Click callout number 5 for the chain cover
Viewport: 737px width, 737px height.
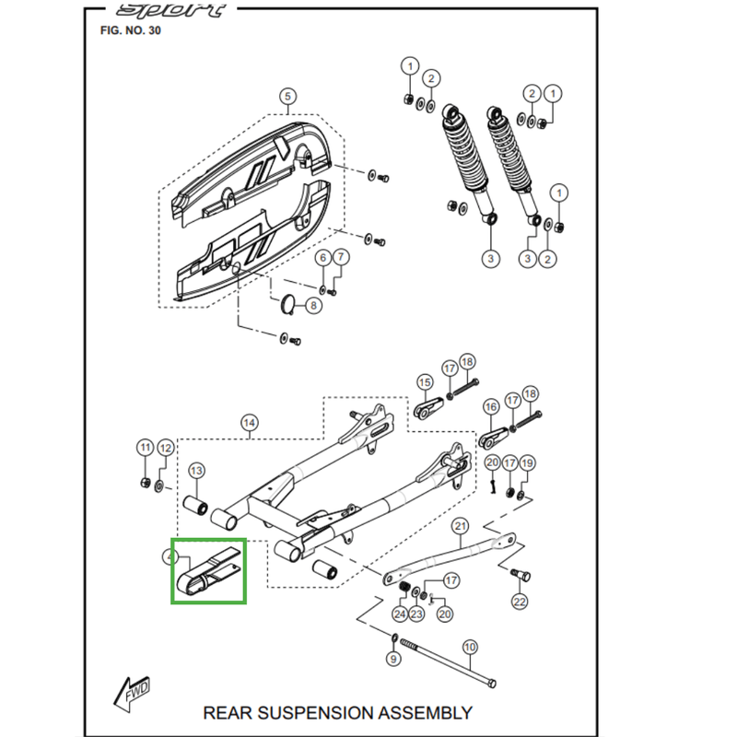tap(286, 97)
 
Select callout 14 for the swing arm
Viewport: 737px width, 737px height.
tap(248, 423)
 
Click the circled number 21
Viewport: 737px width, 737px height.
tap(462, 527)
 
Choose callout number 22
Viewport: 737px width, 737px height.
tap(520, 602)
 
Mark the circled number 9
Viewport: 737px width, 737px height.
tap(393, 660)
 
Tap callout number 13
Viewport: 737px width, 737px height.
tap(196, 471)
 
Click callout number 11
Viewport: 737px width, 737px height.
tap(145, 448)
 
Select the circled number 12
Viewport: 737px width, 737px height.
tap(165, 448)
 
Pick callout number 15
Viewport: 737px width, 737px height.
tap(425, 382)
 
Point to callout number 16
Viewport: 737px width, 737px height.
tap(489, 405)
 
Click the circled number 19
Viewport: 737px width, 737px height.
tap(526, 462)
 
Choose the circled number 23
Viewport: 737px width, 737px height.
tap(416, 614)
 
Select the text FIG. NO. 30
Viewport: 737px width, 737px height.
tap(135, 31)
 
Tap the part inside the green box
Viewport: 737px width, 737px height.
tap(208, 570)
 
